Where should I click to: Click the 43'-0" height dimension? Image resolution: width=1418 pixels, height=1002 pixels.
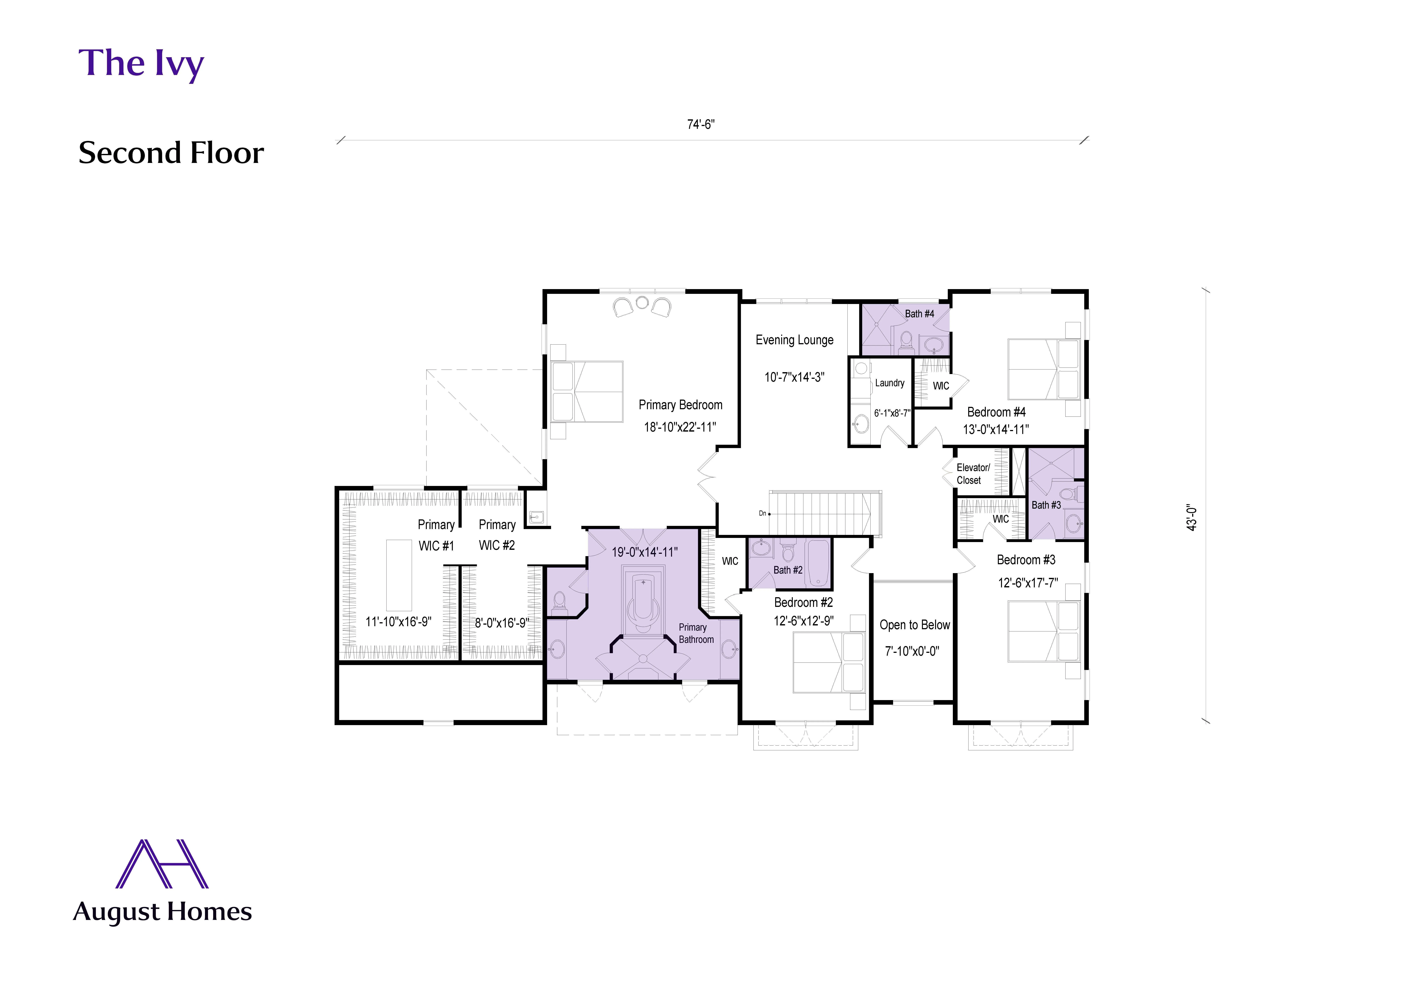click(1192, 518)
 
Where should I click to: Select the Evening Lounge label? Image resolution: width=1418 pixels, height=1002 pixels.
click(794, 340)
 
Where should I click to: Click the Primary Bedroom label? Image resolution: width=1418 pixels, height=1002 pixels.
click(680, 405)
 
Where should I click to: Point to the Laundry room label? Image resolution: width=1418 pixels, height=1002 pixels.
click(889, 383)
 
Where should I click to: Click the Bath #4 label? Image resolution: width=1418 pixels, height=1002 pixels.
click(919, 314)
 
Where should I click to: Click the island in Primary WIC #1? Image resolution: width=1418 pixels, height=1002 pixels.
click(399, 575)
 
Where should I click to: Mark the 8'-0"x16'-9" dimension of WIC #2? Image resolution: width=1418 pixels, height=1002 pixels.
click(501, 623)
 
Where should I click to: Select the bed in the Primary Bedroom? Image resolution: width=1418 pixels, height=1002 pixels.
click(587, 392)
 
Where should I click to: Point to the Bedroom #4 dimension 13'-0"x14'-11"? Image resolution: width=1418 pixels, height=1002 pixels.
click(996, 429)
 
